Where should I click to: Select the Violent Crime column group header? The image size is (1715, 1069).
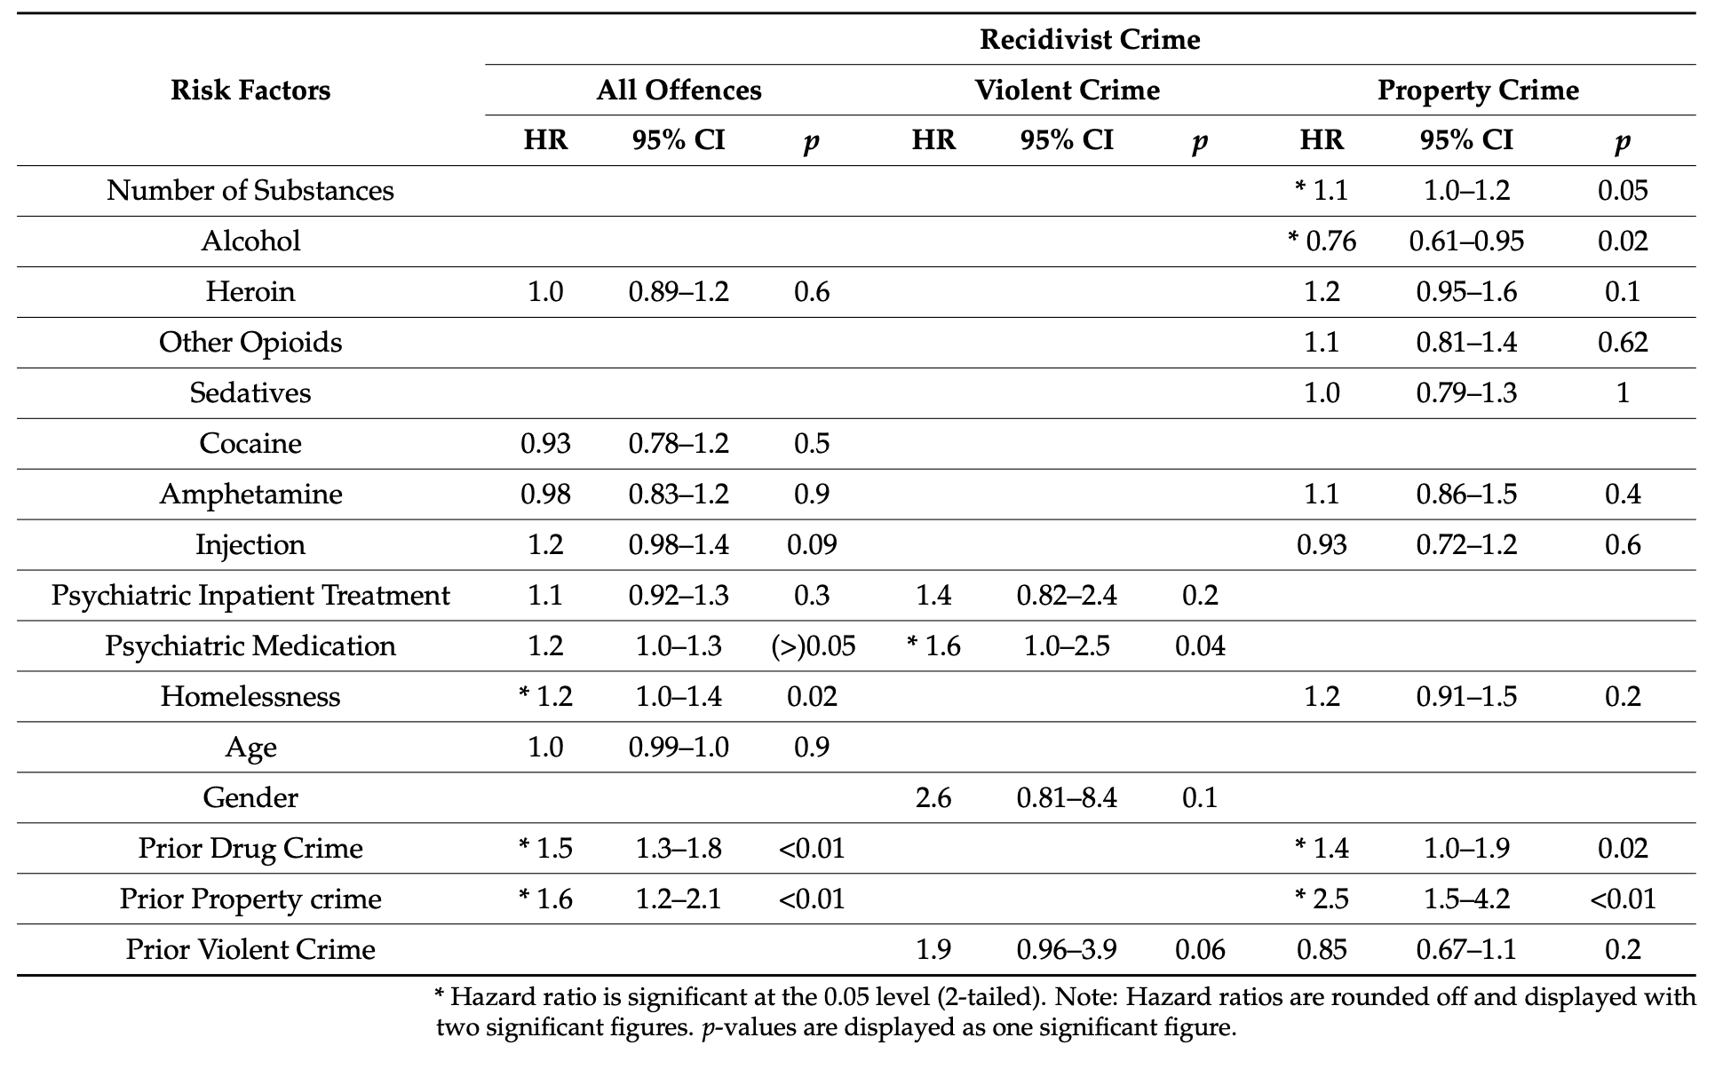coord(1066,91)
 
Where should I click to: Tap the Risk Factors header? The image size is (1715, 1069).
coord(250,91)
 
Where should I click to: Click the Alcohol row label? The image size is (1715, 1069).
coord(250,242)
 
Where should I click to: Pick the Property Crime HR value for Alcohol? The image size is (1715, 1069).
coord(1322,242)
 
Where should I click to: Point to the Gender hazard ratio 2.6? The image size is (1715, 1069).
coord(933,798)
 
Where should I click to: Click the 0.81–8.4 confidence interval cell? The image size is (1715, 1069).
coord(1066,798)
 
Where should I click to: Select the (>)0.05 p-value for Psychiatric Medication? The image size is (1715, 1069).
coord(812,646)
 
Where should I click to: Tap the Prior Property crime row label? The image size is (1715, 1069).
coord(250,899)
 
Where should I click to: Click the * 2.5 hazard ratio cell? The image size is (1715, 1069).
coord(1322,899)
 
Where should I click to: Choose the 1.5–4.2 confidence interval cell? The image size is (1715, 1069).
coord(1466,899)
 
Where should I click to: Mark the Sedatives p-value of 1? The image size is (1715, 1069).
coord(1622,393)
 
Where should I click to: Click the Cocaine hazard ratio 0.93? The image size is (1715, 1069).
coord(545,444)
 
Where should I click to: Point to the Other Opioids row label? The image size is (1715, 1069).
coord(250,343)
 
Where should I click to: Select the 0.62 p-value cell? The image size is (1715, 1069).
coord(1622,343)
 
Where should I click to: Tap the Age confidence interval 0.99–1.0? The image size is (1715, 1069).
coord(679,748)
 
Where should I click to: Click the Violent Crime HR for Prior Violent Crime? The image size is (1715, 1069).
coord(933,950)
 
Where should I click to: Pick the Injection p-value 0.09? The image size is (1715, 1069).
coord(812,545)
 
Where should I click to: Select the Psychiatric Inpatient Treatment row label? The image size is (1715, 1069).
coord(250,596)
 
